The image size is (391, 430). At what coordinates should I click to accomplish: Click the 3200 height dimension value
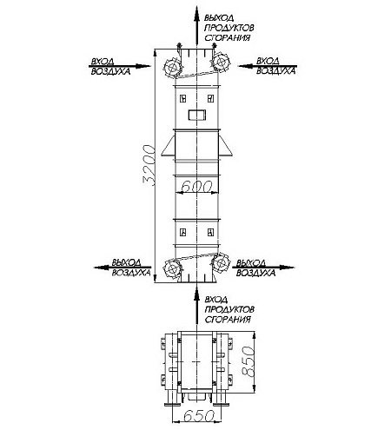149,164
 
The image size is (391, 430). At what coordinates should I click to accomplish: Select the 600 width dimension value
196,187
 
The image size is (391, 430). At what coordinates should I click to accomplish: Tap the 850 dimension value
249,361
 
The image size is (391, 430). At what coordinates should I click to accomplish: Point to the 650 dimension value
199,416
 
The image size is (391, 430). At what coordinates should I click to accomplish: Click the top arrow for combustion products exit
196,25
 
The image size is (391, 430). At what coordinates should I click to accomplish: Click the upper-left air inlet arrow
120,66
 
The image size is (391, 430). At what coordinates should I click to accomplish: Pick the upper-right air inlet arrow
268,66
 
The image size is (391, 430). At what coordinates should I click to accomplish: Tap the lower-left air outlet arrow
123,268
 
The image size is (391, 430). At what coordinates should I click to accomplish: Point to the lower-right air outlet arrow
262,268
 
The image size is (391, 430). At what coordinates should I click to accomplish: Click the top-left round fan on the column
173,68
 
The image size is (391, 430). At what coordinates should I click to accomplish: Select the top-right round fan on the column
221,62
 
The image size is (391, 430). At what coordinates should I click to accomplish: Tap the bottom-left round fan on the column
173,269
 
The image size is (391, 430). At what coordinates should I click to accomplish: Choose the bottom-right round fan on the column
221,262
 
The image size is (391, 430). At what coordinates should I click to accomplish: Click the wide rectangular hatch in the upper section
197,115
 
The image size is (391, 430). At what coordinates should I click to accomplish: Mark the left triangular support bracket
169,147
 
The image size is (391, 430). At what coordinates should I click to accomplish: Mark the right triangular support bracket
225,147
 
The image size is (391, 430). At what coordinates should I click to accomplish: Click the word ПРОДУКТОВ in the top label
229,28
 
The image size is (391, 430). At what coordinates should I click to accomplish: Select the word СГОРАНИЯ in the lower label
228,320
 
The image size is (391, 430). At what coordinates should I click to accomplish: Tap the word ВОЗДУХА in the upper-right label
276,71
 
